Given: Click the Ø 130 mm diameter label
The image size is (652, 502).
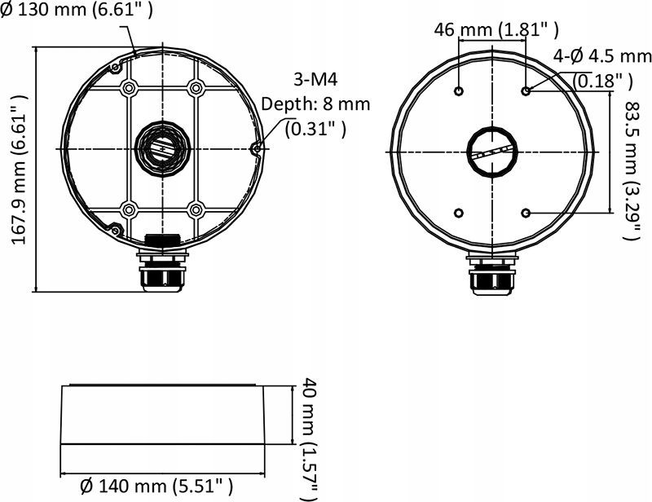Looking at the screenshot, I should coord(77,10).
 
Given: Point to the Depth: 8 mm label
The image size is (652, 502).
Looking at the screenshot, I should coord(315,104).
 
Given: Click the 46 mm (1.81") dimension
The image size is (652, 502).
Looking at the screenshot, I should coord(496,31).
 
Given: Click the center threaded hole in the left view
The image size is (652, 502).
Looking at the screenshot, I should coord(160,148).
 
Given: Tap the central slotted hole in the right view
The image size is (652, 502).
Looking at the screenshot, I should coord(493,152).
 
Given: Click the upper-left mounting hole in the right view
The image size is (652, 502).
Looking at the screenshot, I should coord(460,91).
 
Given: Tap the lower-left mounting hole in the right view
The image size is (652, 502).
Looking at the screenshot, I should coord(460,213).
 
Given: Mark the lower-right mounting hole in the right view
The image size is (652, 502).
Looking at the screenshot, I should coord(526,213).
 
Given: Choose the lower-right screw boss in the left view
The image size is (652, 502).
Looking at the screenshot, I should coord(195,209).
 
